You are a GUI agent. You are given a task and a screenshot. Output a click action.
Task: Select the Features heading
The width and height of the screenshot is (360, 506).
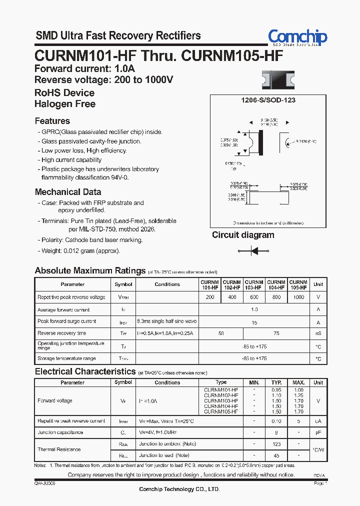coord(52,121)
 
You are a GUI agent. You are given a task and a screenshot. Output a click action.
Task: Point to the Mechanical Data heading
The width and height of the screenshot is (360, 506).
coord(68,192)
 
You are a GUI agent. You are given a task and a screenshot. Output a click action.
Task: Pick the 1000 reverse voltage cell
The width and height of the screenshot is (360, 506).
coord(298,297)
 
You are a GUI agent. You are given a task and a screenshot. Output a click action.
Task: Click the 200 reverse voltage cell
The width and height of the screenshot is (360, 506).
coord(210,297)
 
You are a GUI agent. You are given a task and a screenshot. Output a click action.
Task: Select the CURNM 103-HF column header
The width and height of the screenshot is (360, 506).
coord(254,284)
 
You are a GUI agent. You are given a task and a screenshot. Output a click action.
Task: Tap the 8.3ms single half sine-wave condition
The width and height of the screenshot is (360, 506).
coord(167,321)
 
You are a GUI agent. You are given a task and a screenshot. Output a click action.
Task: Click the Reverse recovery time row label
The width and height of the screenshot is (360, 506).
coord(62,333)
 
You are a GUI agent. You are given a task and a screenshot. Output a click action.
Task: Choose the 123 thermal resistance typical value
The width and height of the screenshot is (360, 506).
coord(276,444)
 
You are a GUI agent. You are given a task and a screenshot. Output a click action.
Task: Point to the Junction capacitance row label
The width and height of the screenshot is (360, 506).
coord(60,432)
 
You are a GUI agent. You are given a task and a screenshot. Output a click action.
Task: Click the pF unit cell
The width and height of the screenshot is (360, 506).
coord(318,432)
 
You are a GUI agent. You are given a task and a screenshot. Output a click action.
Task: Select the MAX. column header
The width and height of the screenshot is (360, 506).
coord(298,382)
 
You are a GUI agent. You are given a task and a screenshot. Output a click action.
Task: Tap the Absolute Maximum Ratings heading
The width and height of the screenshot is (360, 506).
coord(90,270)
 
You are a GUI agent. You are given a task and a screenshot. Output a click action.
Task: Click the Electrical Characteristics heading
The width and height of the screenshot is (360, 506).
coord(85,371)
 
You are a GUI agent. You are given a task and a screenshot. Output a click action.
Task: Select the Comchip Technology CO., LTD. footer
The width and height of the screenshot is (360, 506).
coord(180,489)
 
